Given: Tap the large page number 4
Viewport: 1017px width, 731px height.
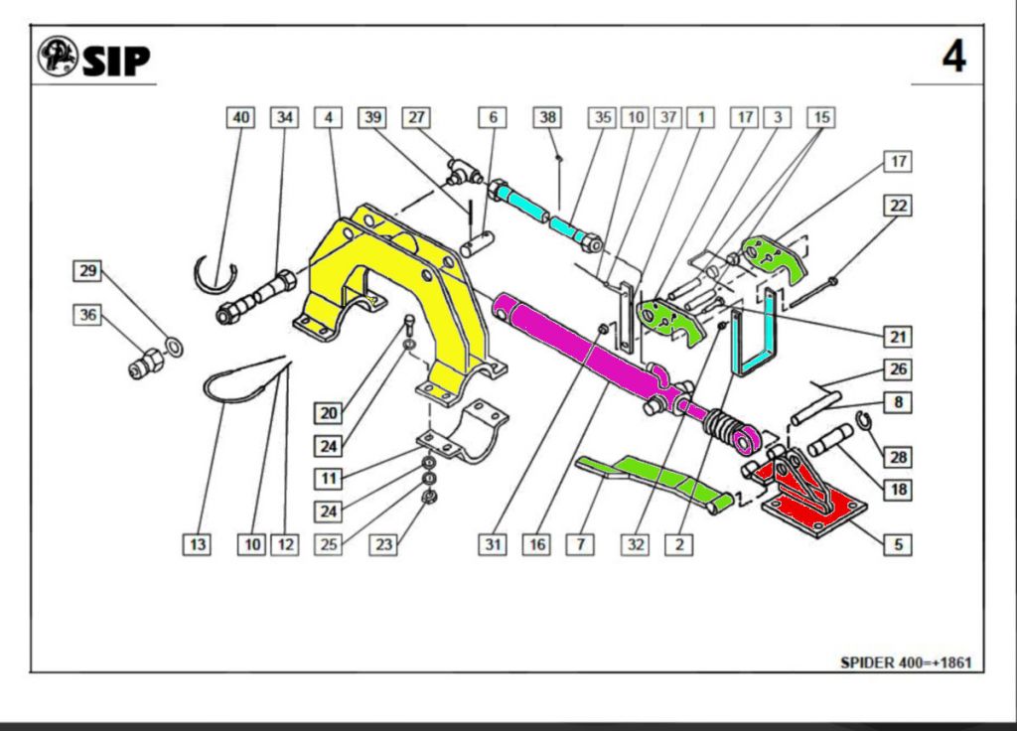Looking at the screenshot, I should (952, 57).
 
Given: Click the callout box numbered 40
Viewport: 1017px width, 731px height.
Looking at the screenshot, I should (240, 117).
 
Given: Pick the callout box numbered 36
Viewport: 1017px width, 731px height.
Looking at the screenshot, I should (87, 315).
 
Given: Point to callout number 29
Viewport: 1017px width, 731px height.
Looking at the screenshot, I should (87, 270).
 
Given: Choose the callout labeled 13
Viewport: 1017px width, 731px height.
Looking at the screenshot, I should (199, 544).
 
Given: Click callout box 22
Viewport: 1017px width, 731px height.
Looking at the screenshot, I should (898, 206).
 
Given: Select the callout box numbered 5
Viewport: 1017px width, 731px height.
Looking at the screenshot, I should (898, 544).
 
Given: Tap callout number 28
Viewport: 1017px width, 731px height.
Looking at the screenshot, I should (898, 457).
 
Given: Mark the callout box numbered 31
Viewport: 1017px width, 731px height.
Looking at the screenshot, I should (494, 544).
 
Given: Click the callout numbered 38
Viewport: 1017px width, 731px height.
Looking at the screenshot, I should (547, 117).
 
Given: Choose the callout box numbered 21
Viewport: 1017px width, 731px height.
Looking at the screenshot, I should (898, 336).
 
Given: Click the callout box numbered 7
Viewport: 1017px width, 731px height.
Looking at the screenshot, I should (578, 544).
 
